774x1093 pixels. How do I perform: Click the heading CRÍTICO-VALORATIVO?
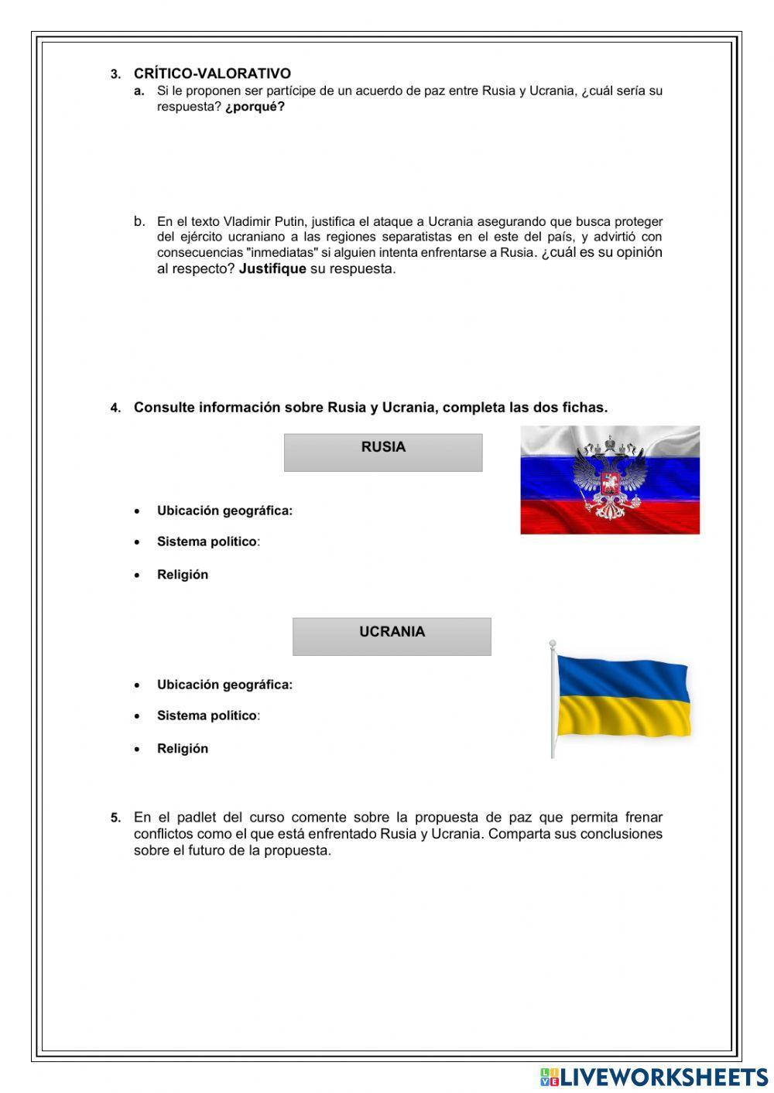212,73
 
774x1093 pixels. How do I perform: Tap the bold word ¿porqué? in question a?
255,107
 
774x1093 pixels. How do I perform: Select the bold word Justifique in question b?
272,269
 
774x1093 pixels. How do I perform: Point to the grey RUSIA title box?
383,452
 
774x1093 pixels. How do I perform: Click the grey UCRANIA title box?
392,636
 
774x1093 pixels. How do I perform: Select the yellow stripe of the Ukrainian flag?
622,716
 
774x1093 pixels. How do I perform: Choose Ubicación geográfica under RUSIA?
224,511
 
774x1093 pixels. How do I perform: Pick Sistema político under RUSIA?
207,541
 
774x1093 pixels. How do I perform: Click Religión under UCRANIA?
183,748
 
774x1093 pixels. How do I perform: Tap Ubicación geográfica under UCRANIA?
224,685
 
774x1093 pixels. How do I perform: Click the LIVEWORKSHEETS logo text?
663,1076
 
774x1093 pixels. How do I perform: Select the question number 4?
115,408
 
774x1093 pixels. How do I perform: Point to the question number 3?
115,74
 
